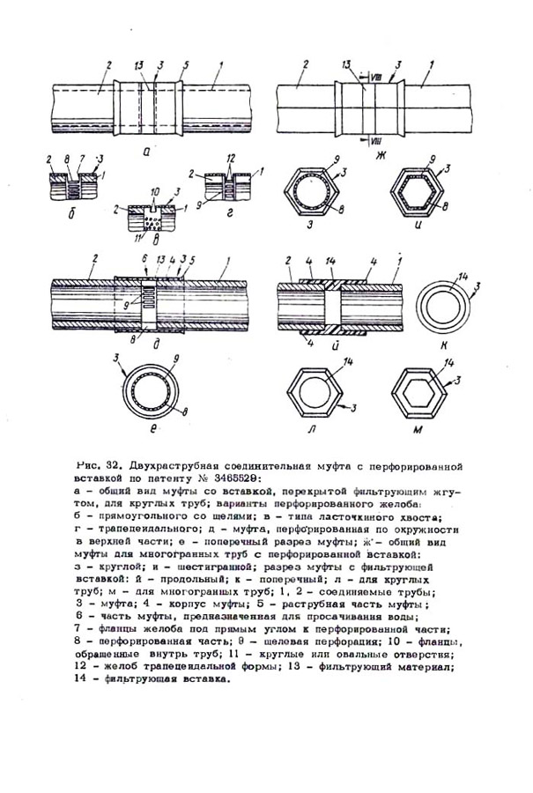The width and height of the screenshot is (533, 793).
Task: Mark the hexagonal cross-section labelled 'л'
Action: (x=313, y=389)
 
